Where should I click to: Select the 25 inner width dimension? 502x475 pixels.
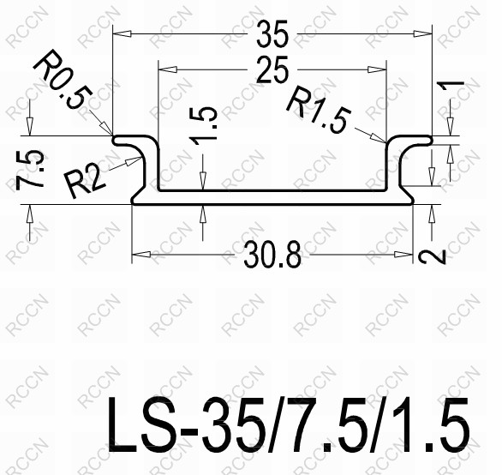coord(272,71)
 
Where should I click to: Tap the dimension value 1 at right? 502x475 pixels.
coord(455,89)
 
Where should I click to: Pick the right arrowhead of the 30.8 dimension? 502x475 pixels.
coord(403,255)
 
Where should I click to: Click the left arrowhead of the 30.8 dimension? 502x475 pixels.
coord(139,255)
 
